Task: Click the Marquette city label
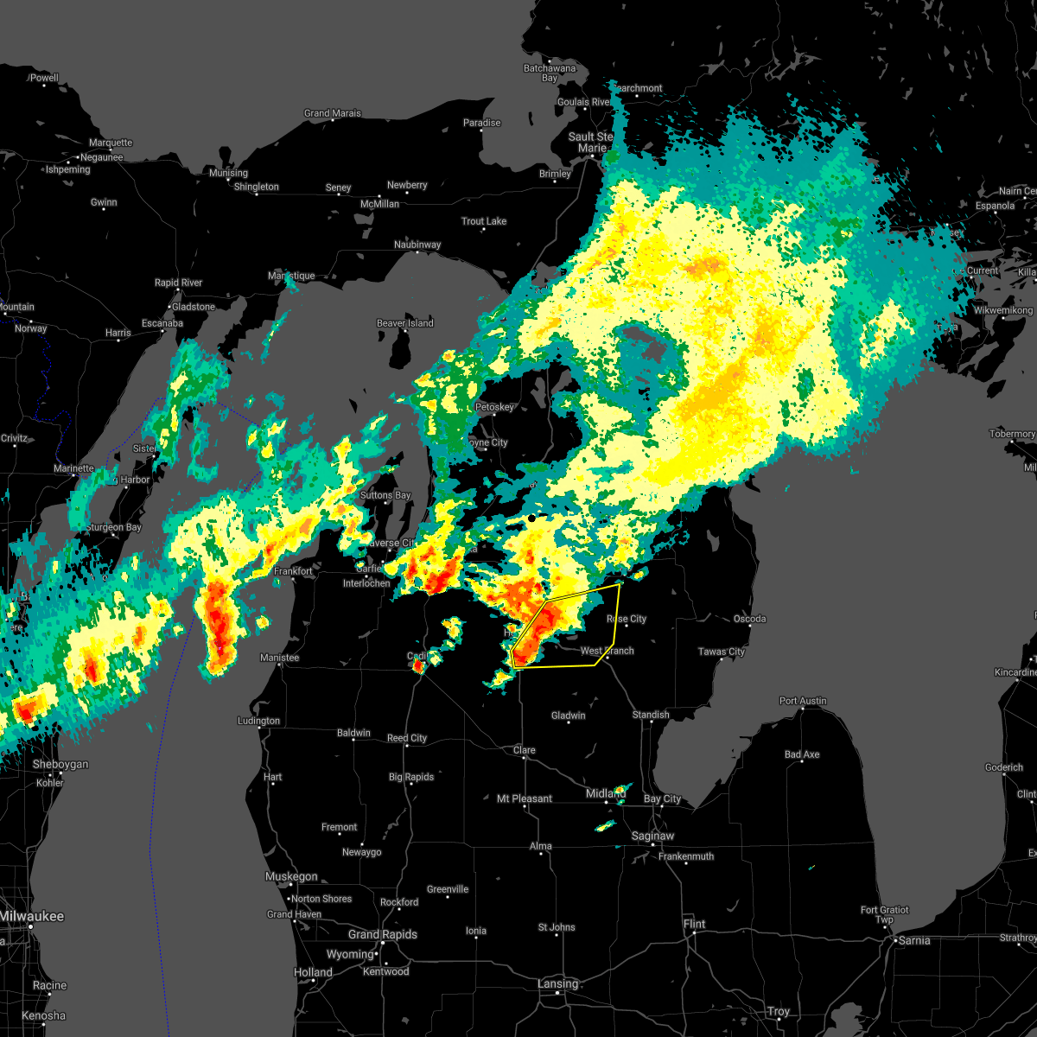coord(111,143)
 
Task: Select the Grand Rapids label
coord(383,934)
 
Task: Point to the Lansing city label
coord(557,983)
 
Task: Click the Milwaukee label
coord(32,916)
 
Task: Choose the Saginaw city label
coord(652,836)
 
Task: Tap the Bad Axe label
coord(802,754)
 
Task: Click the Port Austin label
coord(803,701)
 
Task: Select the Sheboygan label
coord(60,764)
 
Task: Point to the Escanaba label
coord(139,323)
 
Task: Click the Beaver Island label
coord(404,323)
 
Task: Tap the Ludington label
coord(259,721)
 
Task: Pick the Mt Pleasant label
coord(525,798)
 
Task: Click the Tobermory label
coord(1012,434)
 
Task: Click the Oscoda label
coord(749,619)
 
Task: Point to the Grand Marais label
coord(333,113)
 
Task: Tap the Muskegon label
coord(291,876)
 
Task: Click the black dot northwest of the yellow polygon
coord(531,518)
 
